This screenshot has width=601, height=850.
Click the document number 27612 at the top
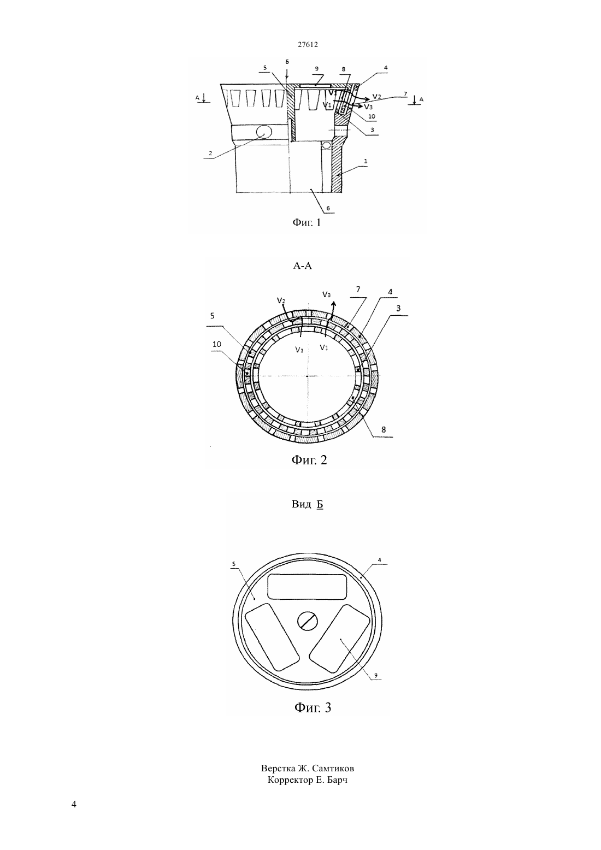coord(308,44)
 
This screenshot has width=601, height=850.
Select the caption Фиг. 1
coord(307,222)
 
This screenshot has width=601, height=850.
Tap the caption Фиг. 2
coord(309,460)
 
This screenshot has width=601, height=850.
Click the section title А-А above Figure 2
coord(302,265)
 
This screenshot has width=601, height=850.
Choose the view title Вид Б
coord(307,504)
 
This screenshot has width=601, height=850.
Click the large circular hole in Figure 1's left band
coord(264,132)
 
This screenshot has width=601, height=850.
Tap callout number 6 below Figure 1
coord(328,208)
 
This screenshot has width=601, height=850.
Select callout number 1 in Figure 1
coord(366,161)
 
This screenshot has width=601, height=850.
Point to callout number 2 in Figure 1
coord(210,154)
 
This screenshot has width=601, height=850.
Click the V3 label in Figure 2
coord(326,294)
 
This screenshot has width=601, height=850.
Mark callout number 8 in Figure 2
coord(384,429)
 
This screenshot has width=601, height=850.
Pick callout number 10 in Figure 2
coord(217,344)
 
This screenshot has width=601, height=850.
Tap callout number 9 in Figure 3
coord(376,675)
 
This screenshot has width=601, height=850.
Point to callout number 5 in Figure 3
coord(233,564)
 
